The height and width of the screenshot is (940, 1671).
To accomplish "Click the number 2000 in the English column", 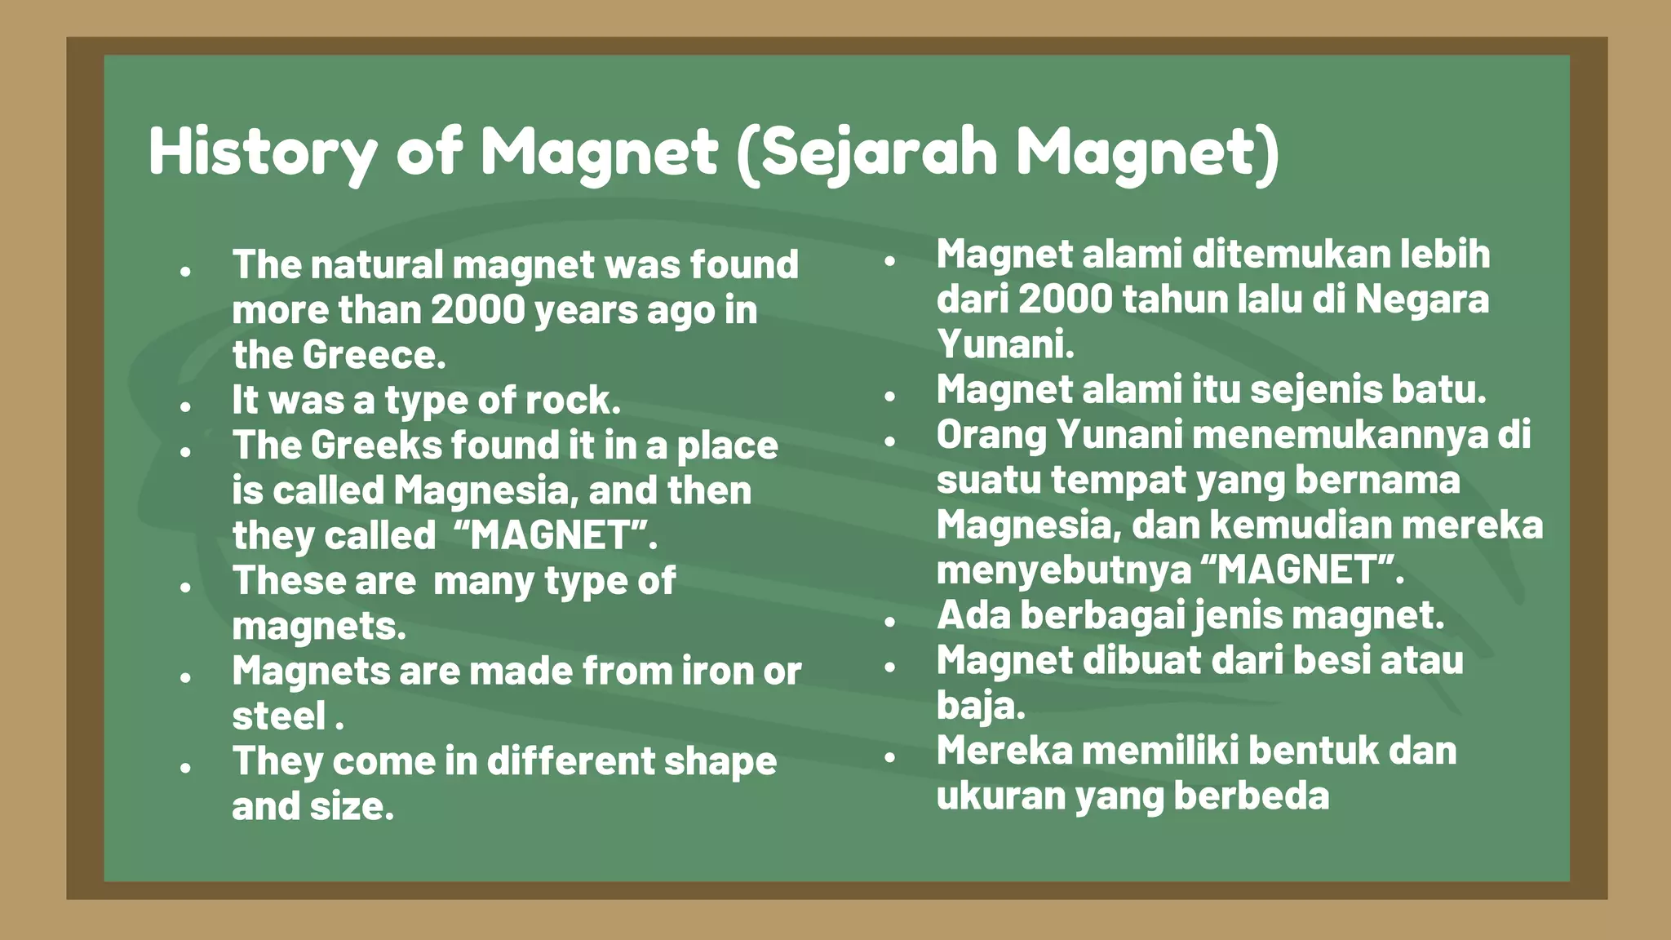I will click(x=478, y=310).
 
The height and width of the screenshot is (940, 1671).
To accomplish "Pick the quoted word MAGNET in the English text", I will click(x=552, y=536).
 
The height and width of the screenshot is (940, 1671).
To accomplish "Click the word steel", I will click(x=279, y=716).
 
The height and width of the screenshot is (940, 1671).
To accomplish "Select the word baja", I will click(x=979, y=706).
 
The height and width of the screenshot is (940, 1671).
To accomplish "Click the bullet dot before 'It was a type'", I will click(x=186, y=406).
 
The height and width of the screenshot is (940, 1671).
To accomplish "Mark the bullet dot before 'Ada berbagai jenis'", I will click(x=890, y=621).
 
